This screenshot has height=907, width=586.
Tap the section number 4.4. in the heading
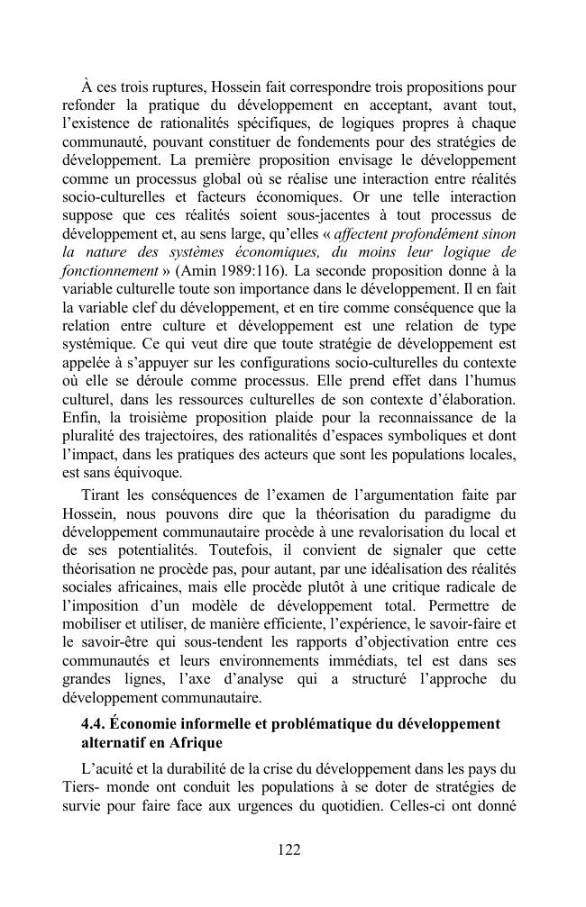point(96,725)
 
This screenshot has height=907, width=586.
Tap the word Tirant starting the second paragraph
point(102,496)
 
